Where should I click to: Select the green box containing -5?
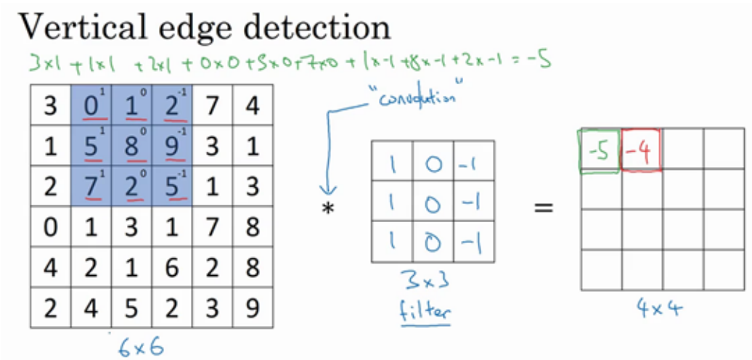tap(600, 152)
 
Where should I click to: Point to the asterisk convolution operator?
tap(329, 210)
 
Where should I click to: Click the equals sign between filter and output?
tap(544, 209)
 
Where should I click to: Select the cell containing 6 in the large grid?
tap(171, 267)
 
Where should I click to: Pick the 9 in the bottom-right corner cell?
tap(251, 307)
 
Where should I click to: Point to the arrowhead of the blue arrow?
tap(325, 193)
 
